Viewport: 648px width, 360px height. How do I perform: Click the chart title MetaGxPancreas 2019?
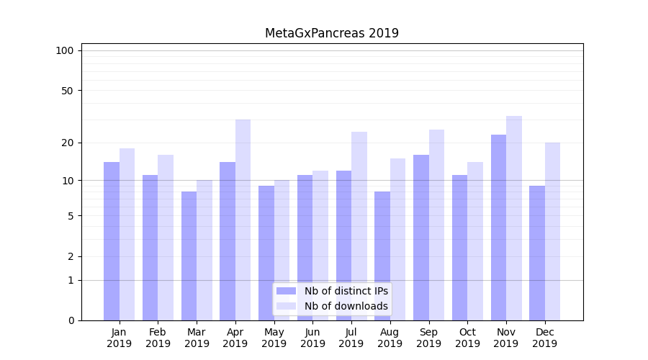point(331,33)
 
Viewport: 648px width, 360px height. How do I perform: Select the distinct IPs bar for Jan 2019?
point(112,241)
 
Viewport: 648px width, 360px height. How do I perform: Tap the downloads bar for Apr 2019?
point(243,220)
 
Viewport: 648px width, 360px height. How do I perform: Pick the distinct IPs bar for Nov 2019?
point(498,228)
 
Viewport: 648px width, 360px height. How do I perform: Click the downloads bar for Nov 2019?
point(514,218)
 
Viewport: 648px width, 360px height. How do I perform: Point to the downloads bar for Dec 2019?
point(552,231)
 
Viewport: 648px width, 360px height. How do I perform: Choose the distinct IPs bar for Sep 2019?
point(421,238)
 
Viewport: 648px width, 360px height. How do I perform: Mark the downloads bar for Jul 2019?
point(359,226)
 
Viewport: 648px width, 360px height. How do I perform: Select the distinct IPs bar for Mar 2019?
point(189,256)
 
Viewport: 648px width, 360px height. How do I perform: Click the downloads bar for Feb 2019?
point(166,238)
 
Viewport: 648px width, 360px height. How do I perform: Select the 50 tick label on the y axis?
point(67,91)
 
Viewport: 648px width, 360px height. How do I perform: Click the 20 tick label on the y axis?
point(67,143)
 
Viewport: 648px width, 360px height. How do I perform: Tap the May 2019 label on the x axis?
point(274,338)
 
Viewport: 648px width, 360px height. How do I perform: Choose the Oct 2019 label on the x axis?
point(467,338)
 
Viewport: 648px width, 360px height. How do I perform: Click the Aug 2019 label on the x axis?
point(390,338)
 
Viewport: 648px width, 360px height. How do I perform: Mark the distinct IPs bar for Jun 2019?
point(305,248)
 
